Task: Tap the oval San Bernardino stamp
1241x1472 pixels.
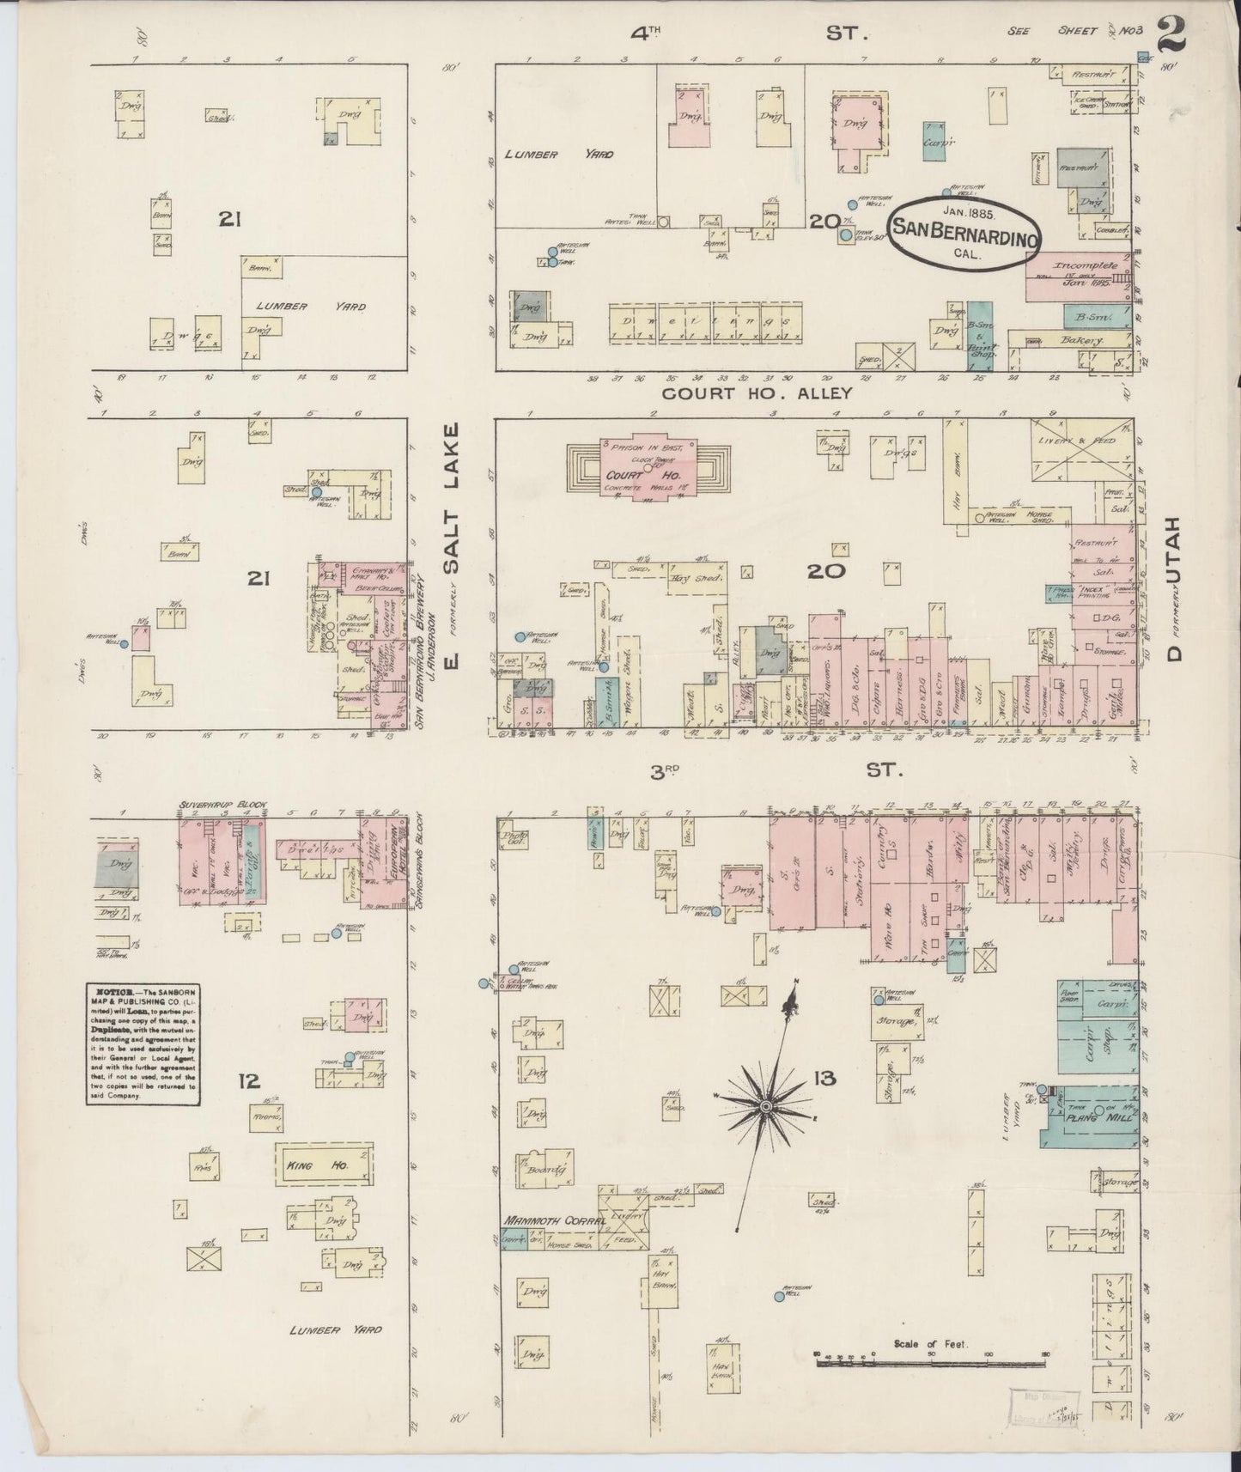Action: tap(964, 229)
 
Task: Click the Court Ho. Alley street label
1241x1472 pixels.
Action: tap(757, 392)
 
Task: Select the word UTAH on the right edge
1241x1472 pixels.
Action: tap(1175, 559)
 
